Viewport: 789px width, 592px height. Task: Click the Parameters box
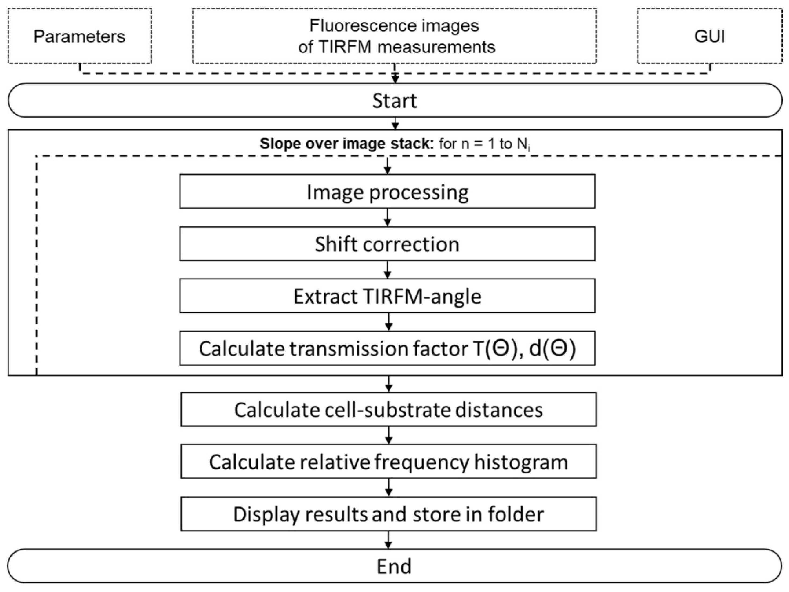point(79,36)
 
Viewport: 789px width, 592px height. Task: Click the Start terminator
point(394,101)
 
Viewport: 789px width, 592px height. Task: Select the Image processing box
point(387,191)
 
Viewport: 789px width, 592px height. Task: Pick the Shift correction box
point(387,244)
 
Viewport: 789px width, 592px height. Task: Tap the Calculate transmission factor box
point(387,349)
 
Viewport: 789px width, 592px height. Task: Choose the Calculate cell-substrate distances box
point(388,410)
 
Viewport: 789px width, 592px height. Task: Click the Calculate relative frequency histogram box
point(388,462)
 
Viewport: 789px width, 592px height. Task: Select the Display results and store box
point(388,514)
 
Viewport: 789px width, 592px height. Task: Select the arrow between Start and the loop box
point(395,124)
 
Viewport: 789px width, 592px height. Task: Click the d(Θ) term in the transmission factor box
point(552,349)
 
